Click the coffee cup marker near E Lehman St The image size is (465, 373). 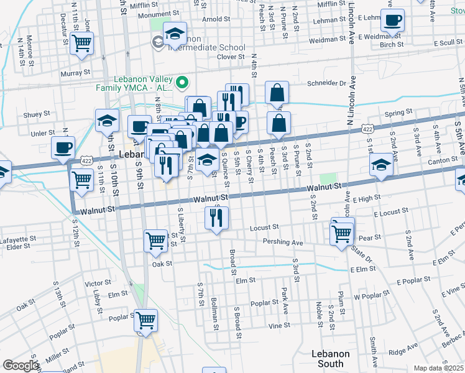[x=392, y=21]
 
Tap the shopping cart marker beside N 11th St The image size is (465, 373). [x=81, y=44]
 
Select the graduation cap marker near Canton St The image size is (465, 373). [x=381, y=165]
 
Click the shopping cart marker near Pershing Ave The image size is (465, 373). [x=342, y=234]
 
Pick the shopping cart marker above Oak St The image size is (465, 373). [x=155, y=241]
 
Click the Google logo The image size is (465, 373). [x=20, y=366]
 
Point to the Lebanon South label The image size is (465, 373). [x=330, y=359]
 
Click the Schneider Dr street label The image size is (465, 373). [x=325, y=83]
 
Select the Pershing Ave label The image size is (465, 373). [x=283, y=242]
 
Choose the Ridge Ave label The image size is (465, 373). [x=403, y=351]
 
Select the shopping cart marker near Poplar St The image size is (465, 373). [x=146, y=321]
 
